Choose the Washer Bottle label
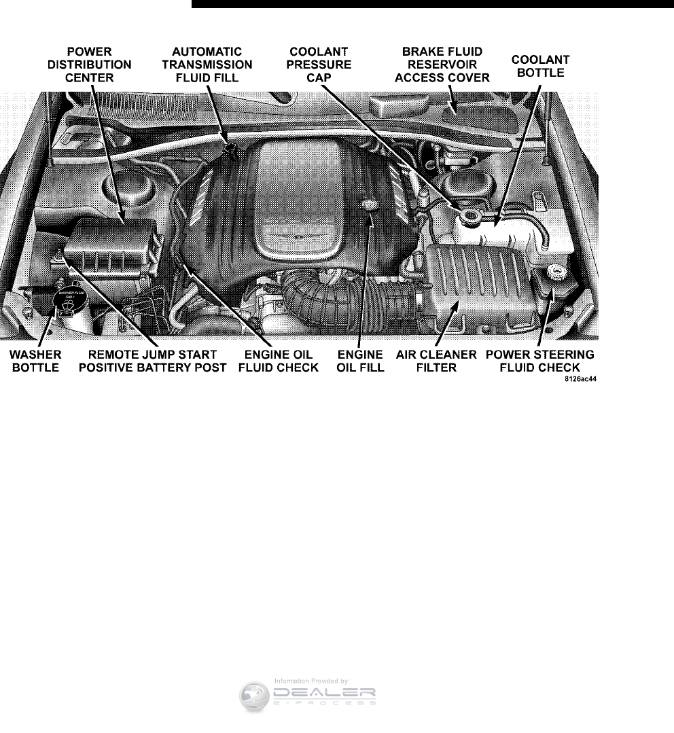point(36,361)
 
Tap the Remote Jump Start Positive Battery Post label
point(158,361)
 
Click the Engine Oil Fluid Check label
point(281,361)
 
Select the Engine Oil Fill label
point(361,361)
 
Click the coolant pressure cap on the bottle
point(469,217)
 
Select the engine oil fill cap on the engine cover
point(370,204)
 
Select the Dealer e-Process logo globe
point(255,697)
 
